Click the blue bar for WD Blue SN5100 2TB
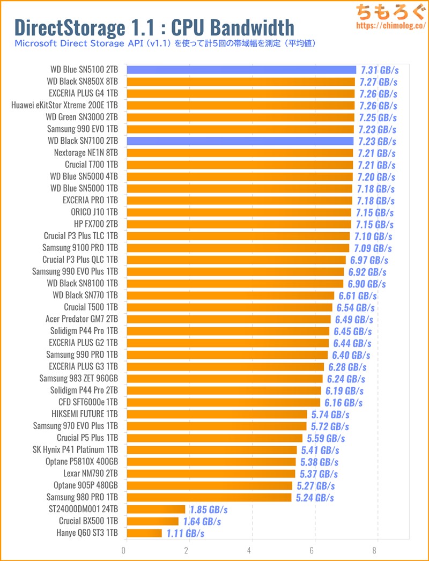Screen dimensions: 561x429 (x=241, y=70)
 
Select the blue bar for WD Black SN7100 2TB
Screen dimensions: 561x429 (x=240, y=141)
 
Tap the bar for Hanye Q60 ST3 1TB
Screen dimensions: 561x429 (x=144, y=533)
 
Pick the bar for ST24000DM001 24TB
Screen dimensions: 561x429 (x=156, y=509)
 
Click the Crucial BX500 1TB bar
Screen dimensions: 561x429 (x=152, y=521)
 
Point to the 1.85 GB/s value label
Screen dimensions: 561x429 (x=209, y=509)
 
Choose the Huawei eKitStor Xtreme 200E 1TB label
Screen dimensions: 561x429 (x=65, y=105)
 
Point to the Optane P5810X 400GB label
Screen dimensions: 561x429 (x=82, y=461)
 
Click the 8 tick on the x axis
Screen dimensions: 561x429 (x=377, y=550)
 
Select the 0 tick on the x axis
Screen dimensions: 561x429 (x=124, y=550)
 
